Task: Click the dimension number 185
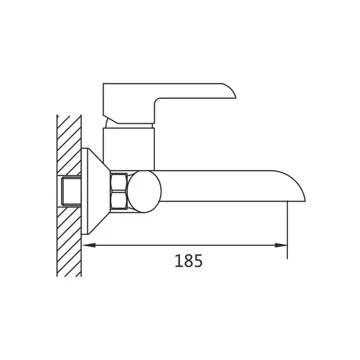[188, 261]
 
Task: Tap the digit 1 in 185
[178, 261]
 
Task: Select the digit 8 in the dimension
[188, 261]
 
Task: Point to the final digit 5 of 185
[198, 261]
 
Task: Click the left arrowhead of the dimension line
[89, 246]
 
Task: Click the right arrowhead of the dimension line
[281, 246]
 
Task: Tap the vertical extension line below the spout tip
[287, 230]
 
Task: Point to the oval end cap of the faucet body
[144, 191]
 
